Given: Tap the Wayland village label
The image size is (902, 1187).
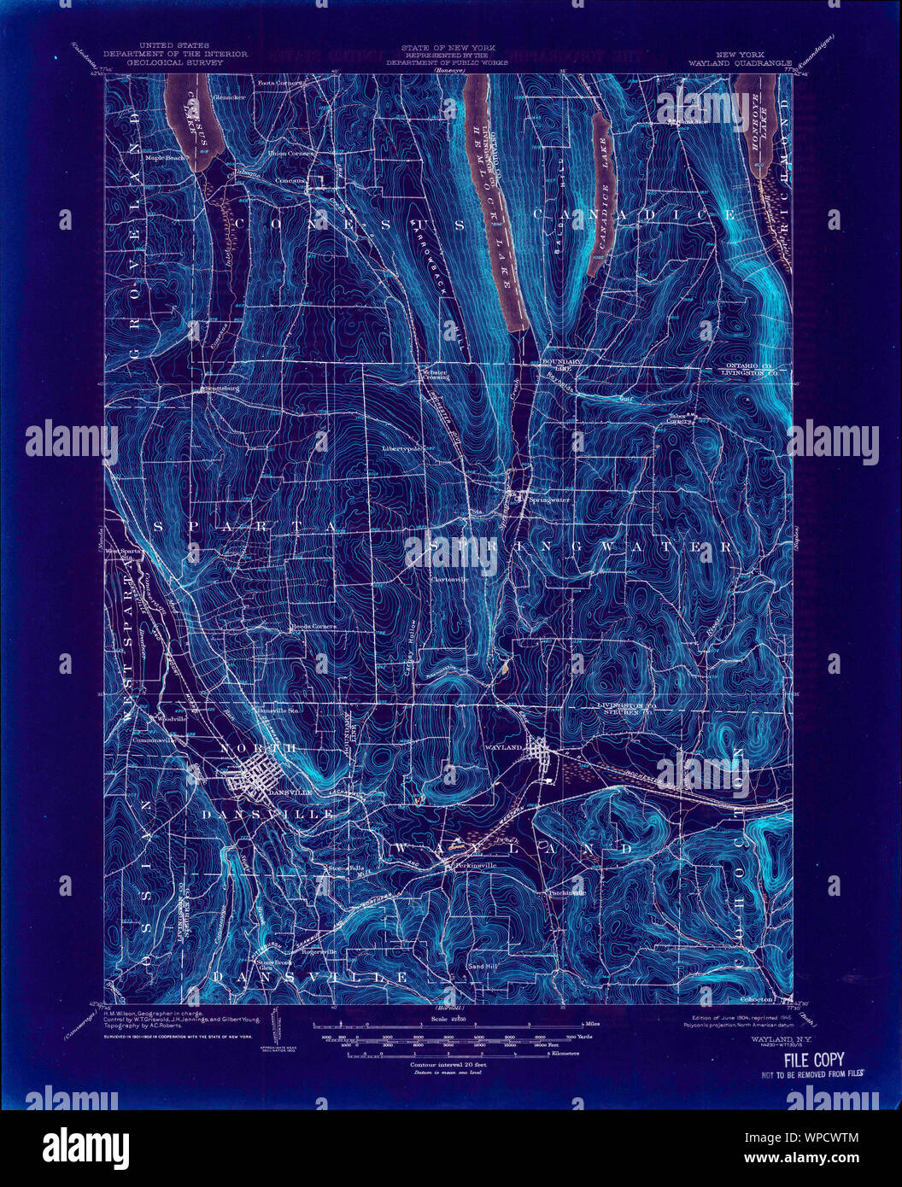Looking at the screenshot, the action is click(x=505, y=746).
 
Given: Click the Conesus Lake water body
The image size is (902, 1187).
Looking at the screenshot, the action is click(x=196, y=120).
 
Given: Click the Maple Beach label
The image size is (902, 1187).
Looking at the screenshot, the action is click(x=166, y=158).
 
